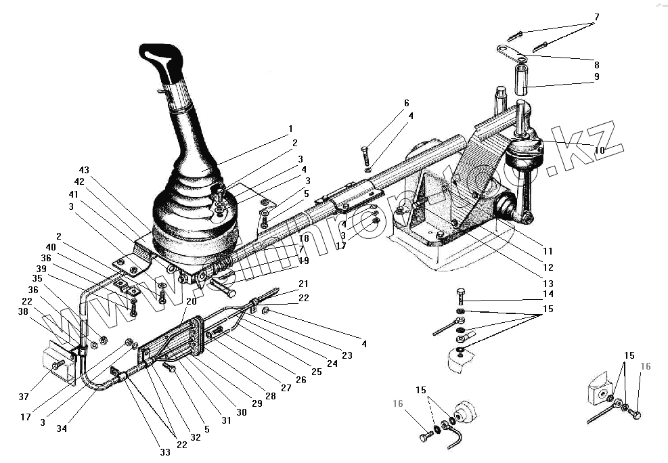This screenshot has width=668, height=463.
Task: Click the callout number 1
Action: coord(290,128)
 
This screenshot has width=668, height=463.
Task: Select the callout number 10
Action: coord(600,150)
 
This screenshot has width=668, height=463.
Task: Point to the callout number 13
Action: coord(548,283)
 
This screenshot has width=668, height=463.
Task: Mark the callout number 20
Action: coord(192,301)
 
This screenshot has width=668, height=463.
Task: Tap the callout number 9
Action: coord(597,77)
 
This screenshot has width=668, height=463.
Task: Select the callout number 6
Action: coord(407,103)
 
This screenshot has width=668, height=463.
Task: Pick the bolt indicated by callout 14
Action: coord(461,296)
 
